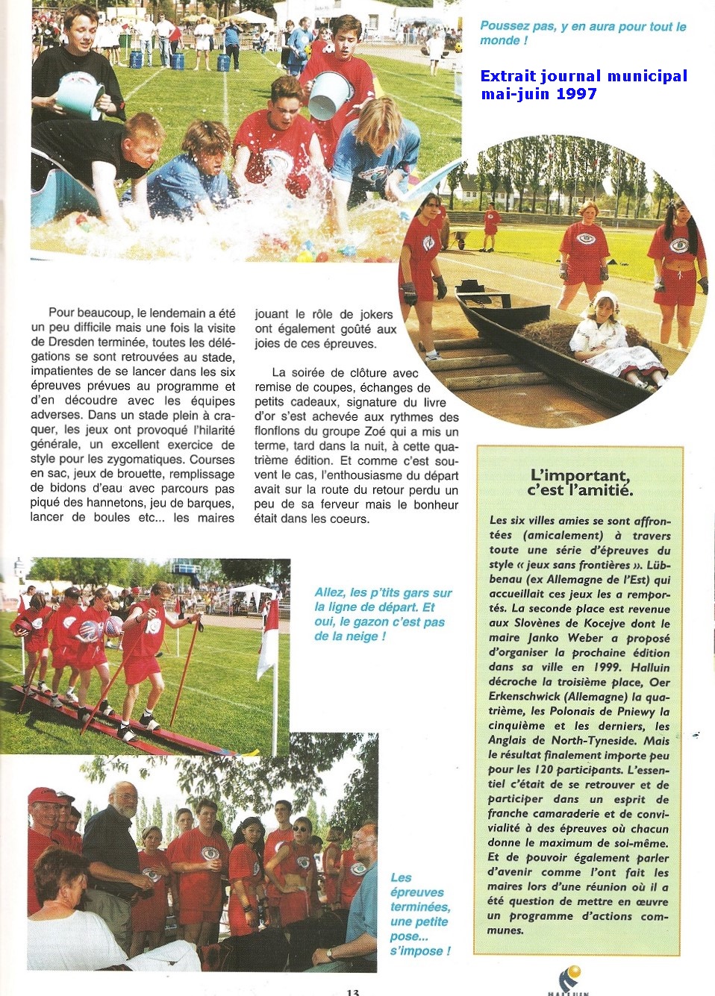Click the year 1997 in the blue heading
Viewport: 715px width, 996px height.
[575, 94]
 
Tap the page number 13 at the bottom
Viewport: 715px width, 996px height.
[353, 992]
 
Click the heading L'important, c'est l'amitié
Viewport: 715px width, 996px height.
[580, 483]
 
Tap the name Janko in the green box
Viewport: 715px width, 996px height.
[543, 639]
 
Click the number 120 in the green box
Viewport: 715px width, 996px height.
[544, 770]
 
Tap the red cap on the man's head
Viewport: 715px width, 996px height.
[43, 795]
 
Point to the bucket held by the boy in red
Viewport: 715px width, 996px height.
[330, 94]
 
